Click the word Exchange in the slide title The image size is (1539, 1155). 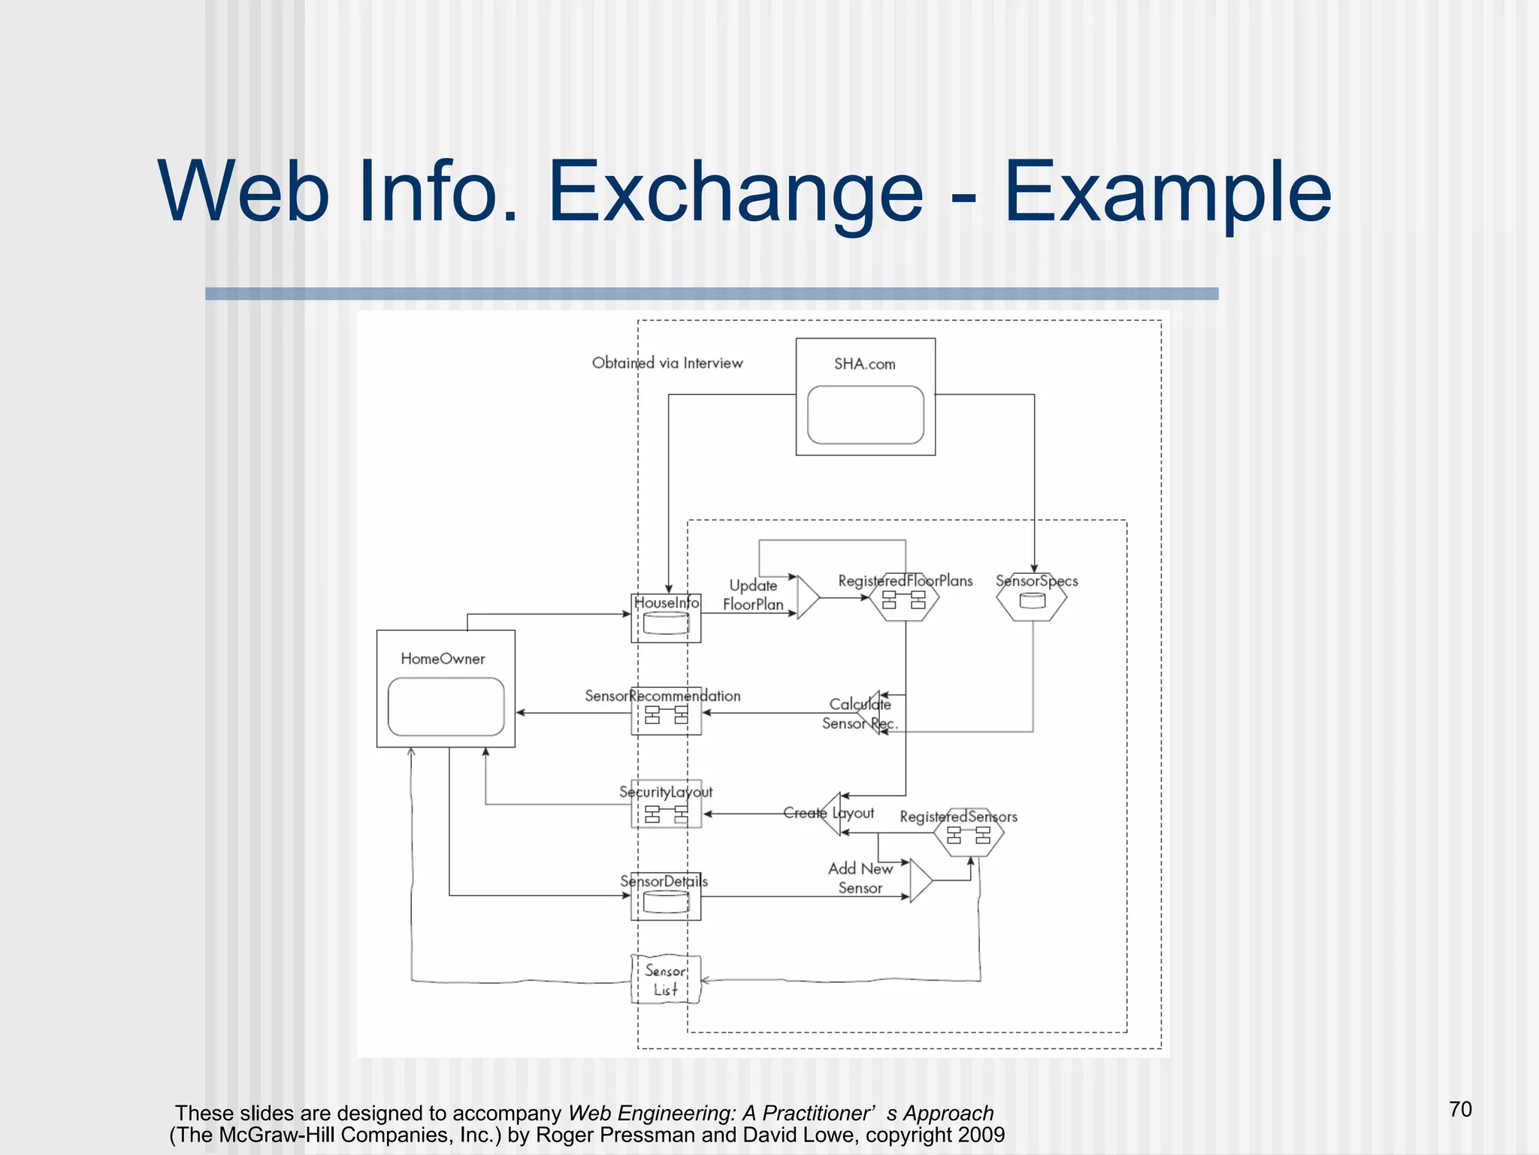[735, 192]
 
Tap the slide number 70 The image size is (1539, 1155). [1460, 1109]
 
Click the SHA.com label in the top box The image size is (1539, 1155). [864, 364]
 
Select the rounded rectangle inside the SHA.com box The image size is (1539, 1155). [865, 415]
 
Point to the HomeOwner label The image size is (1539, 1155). [443, 659]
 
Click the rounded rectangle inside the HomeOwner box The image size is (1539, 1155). [446, 707]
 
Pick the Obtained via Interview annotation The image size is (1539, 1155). [667, 363]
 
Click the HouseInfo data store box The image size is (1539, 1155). [666, 618]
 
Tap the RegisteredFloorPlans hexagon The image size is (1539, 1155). [904, 600]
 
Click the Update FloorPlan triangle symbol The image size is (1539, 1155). [807, 598]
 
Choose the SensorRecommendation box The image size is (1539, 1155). [666, 711]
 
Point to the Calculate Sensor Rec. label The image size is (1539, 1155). [859, 714]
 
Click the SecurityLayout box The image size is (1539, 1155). [666, 805]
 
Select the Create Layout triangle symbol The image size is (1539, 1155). [832, 814]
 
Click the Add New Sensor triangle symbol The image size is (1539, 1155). [919, 881]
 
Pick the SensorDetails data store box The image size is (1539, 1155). [666, 897]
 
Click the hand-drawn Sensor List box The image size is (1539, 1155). [666, 980]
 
